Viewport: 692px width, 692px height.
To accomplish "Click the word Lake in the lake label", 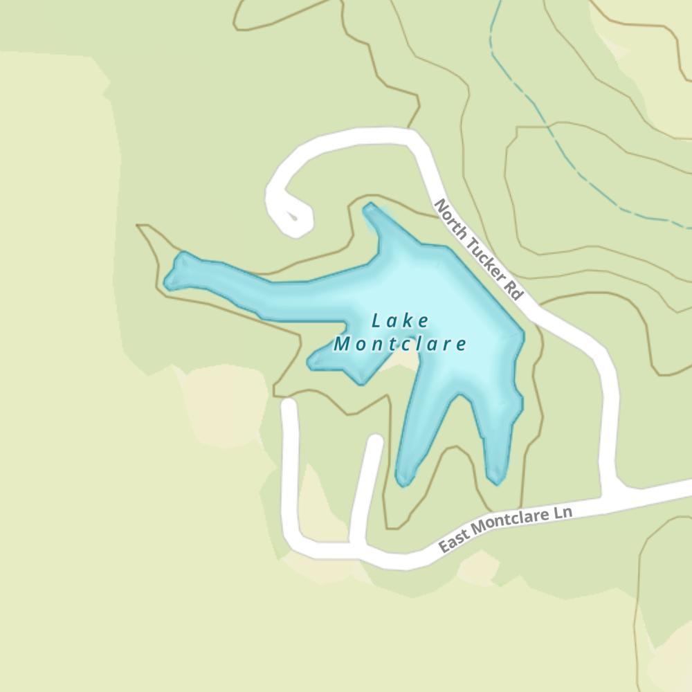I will [400, 321].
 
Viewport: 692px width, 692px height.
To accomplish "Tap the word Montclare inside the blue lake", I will [400, 344].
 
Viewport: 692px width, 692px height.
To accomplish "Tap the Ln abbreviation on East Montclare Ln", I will [563, 514].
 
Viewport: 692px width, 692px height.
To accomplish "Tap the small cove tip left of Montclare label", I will [312, 361].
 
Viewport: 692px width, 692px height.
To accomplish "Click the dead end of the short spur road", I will [376, 441].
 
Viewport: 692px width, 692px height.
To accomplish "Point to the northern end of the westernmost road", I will [289, 404].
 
